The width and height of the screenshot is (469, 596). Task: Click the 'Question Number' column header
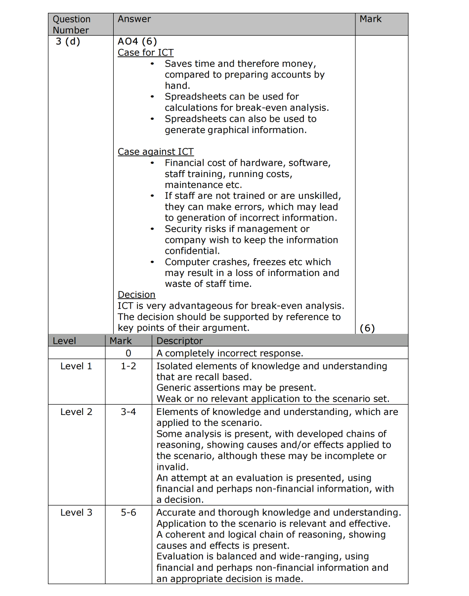click(x=72, y=25)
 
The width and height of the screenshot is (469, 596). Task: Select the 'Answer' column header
click(x=134, y=19)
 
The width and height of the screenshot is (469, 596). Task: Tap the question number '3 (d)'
click(x=68, y=42)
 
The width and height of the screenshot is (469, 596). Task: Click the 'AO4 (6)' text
click(x=137, y=42)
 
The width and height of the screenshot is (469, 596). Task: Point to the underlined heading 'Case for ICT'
click(x=146, y=52)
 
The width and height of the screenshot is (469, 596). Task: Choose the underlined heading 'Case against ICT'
click(x=156, y=152)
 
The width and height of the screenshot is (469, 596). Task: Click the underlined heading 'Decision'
click(x=136, y=295)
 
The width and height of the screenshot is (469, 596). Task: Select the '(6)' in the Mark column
click(x=367, y=328)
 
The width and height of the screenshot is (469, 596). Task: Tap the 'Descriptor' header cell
click(x=179, y=341)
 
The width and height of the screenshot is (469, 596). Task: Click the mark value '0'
click(x=128, y=353)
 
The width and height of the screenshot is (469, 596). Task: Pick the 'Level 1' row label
click(x=76, y=366)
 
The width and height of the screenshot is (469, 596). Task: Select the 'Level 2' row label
click(x=76, y=412)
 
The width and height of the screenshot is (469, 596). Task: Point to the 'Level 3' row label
click(x=76, y=512)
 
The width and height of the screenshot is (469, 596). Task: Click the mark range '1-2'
click(x=128, y=366)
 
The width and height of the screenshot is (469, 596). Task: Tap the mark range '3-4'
click(x=128, y=412)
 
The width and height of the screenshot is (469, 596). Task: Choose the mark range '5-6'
click(x=128, y=512)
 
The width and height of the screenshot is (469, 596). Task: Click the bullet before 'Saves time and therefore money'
click(x=153, y=64)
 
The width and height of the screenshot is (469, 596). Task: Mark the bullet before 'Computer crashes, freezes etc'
click(x=153, y=262)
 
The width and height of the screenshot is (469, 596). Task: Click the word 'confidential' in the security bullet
click(x=191, y=251)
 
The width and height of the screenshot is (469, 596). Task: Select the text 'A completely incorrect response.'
click(x=229, y=353)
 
